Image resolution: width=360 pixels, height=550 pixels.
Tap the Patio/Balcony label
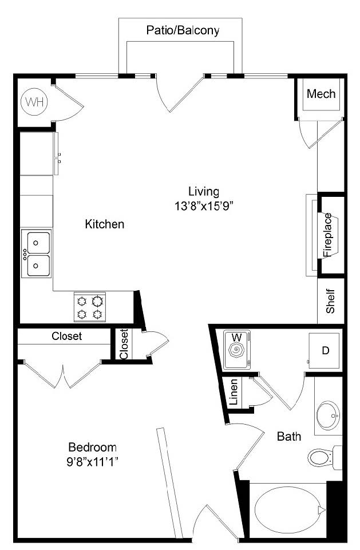[183, 30]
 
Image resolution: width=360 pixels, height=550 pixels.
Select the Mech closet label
[321, 94]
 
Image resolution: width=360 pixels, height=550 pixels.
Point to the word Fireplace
[328, 235]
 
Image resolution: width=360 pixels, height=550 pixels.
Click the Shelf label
[330, 301]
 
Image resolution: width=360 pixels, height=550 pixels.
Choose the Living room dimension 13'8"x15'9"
[204, 205]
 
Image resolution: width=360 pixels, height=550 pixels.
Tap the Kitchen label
[105, 224]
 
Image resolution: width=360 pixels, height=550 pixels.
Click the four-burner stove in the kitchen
[89, 307]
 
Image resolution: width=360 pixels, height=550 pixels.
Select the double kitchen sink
[36, 254]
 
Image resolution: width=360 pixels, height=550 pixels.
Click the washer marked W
[237, 349]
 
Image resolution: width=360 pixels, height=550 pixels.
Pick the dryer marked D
[324, 350]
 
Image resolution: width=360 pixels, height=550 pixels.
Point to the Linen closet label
[234, 392]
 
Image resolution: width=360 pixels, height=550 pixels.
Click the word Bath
[289, 437]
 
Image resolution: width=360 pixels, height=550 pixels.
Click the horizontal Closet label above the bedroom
[66, 336]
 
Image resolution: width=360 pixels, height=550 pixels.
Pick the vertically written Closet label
[124, 344]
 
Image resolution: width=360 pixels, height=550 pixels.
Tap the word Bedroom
[93, 447]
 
